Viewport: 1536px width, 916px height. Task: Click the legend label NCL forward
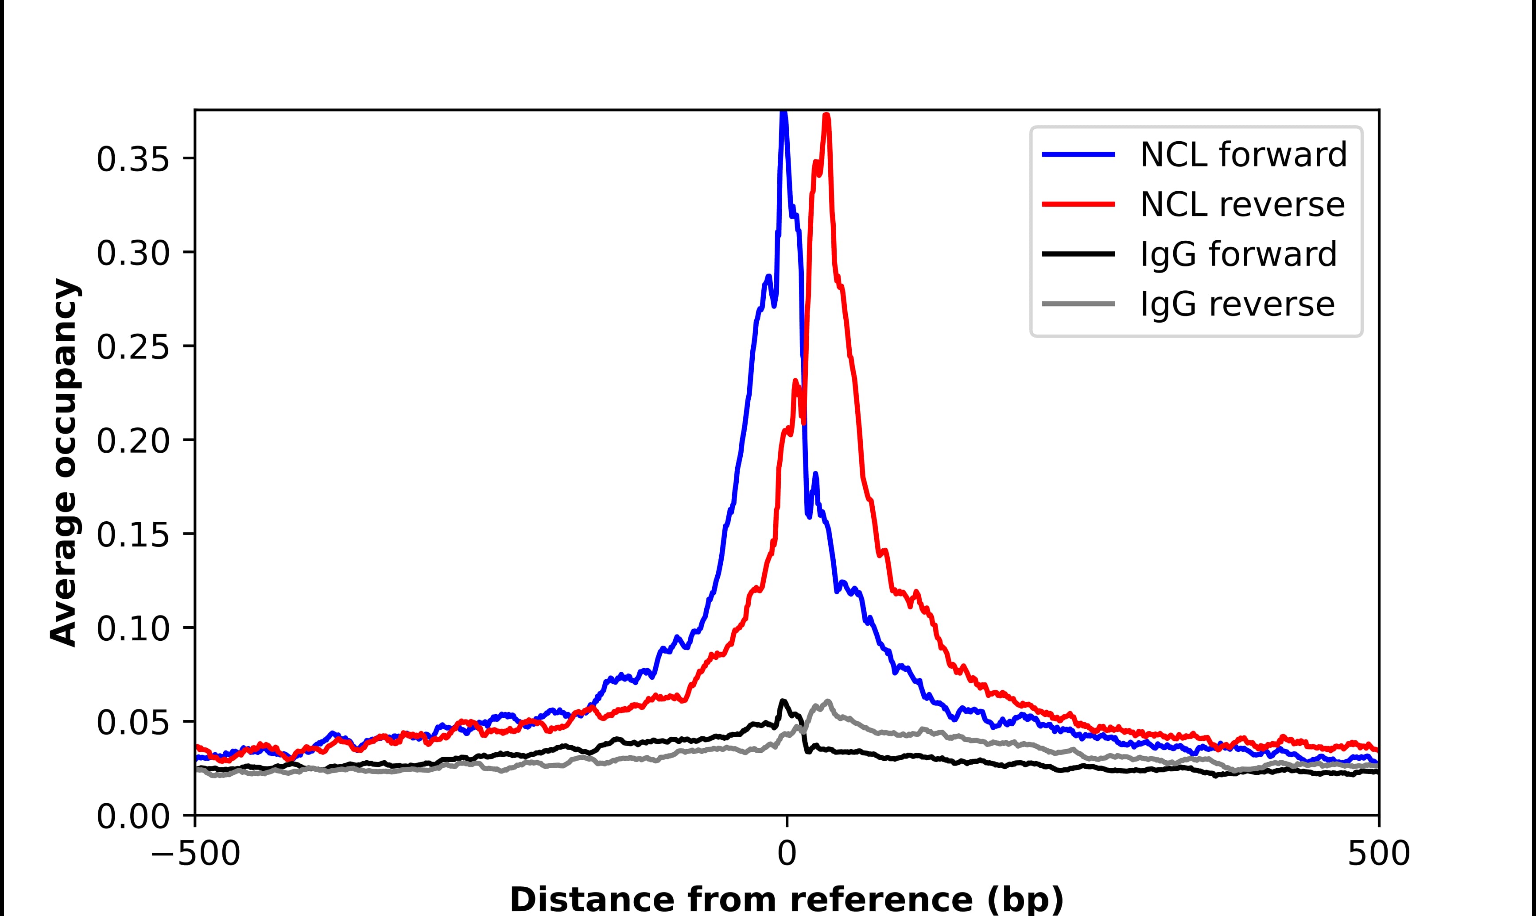point(1243,154)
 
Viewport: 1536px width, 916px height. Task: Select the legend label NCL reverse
point(1242,204)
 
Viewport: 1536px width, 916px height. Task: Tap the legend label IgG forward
point(1237,254)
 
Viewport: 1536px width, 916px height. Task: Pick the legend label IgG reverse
point(1237,304)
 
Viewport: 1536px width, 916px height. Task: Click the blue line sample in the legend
point(1078,154)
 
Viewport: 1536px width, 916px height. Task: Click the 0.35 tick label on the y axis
point(133,160)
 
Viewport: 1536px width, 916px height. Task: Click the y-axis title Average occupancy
point(64,462)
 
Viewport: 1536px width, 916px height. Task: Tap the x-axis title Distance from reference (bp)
point(786,899)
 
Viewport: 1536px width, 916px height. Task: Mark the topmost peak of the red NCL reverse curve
point(826,116)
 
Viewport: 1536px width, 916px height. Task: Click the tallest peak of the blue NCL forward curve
point(783,113)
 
